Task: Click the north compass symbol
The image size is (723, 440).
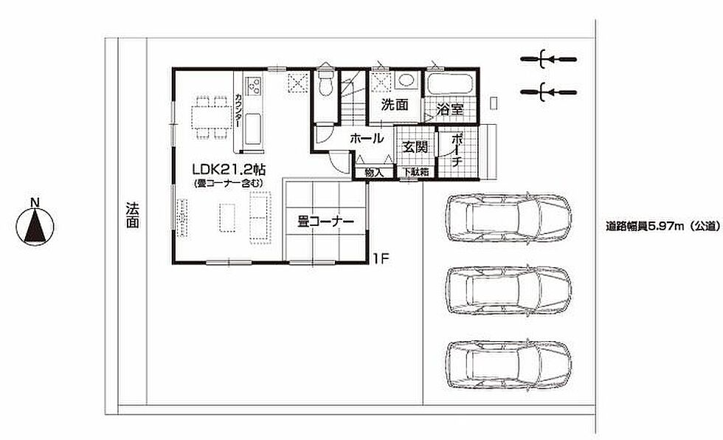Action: coord(35,223)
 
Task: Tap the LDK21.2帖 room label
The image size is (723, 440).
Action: coord(229,169)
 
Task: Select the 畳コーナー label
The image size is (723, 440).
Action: coord(325,221)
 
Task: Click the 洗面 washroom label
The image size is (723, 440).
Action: coord(395,105)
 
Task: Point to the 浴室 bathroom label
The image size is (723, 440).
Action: coord(449,109)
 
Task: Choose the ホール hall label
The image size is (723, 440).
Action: coord(367,138)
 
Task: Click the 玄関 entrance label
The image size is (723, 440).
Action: coord(415,147)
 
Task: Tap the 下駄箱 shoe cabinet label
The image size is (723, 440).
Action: coord(416,172)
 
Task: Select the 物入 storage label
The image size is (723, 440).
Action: coord(373,173)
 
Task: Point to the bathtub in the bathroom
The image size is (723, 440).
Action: coord(449,84)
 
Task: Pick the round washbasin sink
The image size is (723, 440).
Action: coord(406,80)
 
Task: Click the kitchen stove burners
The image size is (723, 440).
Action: coord(254,84)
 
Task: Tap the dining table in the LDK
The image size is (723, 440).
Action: coord(212,117)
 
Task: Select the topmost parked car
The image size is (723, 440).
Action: coord(508,218)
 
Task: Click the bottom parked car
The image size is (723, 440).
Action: coord(508,365)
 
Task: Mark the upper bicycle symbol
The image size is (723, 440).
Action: coord(548,59)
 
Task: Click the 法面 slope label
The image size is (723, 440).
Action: coord(132,215)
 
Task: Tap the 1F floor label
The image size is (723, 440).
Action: coord(382,258)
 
